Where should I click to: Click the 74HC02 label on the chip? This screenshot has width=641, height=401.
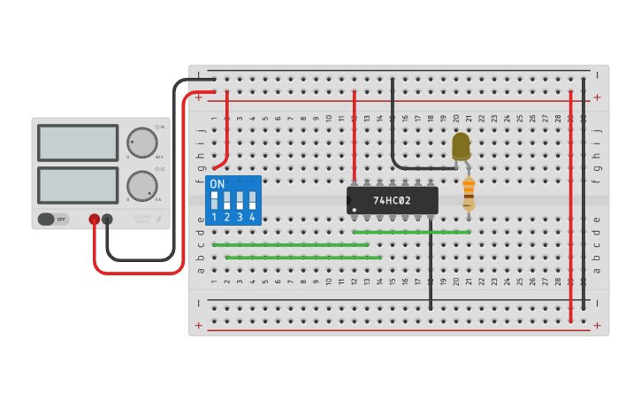tap(392, 201)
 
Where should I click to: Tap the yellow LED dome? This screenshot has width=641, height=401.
tap(461, 145)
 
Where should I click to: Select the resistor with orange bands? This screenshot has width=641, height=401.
tap(469, 193)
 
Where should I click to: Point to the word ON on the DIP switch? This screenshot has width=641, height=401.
tap(217, 183)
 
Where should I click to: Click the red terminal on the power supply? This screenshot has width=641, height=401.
tap(94, 219)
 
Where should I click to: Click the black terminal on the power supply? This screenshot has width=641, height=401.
tap(107, 219)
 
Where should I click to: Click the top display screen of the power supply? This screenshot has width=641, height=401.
tap(78, 143)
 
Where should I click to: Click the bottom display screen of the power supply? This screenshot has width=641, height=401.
tap(78, 185)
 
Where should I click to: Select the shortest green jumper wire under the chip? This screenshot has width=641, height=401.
tap(411, 232)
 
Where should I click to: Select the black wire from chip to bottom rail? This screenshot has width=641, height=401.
tap(431, 266)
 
